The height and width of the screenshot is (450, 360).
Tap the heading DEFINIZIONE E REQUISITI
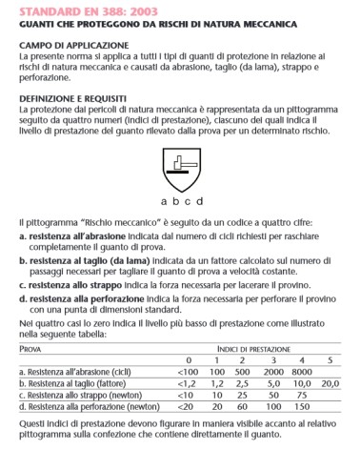click(x=76, y=98)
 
